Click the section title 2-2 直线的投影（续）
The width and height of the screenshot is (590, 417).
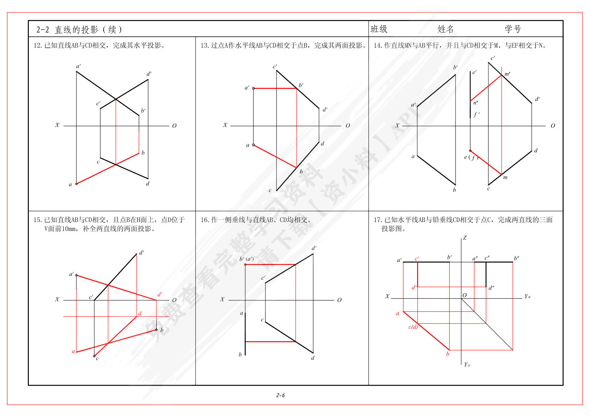79,30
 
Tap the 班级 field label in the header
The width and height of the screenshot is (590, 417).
379,29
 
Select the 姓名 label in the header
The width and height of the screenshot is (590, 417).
446,29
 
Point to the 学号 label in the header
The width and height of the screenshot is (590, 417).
513,29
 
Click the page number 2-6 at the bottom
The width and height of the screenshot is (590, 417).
280,395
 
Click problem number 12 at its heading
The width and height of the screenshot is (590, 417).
37,45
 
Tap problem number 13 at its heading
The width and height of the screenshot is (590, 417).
204,45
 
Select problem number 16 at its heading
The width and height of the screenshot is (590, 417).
204,220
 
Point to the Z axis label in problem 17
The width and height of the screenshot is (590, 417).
465,238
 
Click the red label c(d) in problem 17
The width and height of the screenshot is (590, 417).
413,327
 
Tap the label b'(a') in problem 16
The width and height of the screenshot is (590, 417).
247,259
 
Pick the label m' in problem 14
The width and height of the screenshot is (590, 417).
507,74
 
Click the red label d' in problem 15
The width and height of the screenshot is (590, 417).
160,294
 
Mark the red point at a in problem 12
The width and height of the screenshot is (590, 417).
76,184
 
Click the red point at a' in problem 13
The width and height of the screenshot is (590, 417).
253,88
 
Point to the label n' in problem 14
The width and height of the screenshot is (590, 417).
475,103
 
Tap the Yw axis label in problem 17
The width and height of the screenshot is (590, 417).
527,296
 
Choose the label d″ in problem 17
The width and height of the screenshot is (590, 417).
492,288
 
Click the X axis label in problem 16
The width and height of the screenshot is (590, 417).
222,299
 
